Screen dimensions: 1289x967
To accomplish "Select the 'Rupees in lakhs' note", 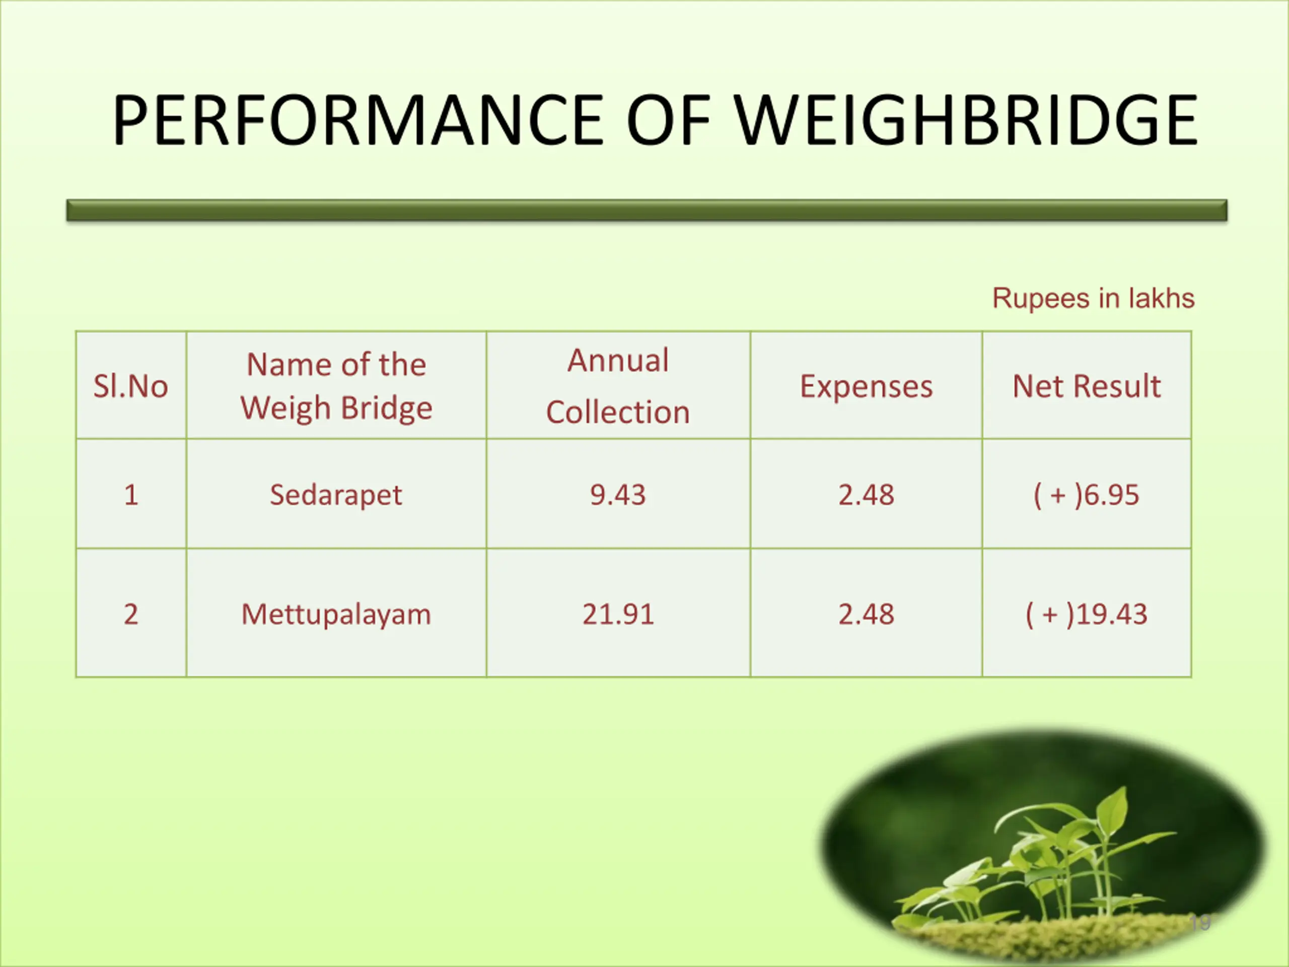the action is click(1093, 299).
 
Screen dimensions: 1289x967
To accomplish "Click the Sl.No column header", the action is click(130, 386).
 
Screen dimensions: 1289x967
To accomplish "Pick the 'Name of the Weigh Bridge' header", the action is click(336, 386).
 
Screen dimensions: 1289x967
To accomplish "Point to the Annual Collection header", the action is click(618, 386).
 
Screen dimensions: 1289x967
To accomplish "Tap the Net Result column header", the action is click(1086, 386).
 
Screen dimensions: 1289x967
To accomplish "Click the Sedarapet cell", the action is click(336, 496).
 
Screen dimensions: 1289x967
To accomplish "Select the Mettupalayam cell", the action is click(336, 615).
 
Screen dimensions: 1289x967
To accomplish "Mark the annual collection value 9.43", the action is click(618, 495).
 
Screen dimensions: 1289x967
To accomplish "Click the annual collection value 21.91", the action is click(618, 614).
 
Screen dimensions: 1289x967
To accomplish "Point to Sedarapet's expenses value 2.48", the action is click(866, 495).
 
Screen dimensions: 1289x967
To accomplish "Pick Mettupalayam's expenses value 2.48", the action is click(866, 614).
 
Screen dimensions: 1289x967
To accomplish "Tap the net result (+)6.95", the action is click(1086, 496).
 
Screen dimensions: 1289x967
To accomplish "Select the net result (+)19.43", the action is click(1086, 615).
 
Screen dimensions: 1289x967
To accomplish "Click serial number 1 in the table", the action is click(131, 495).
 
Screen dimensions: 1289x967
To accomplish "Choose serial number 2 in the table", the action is click(131, 614).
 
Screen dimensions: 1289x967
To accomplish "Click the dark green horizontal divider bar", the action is click(647, 211).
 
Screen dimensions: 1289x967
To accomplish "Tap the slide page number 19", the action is click(1200, 923).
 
